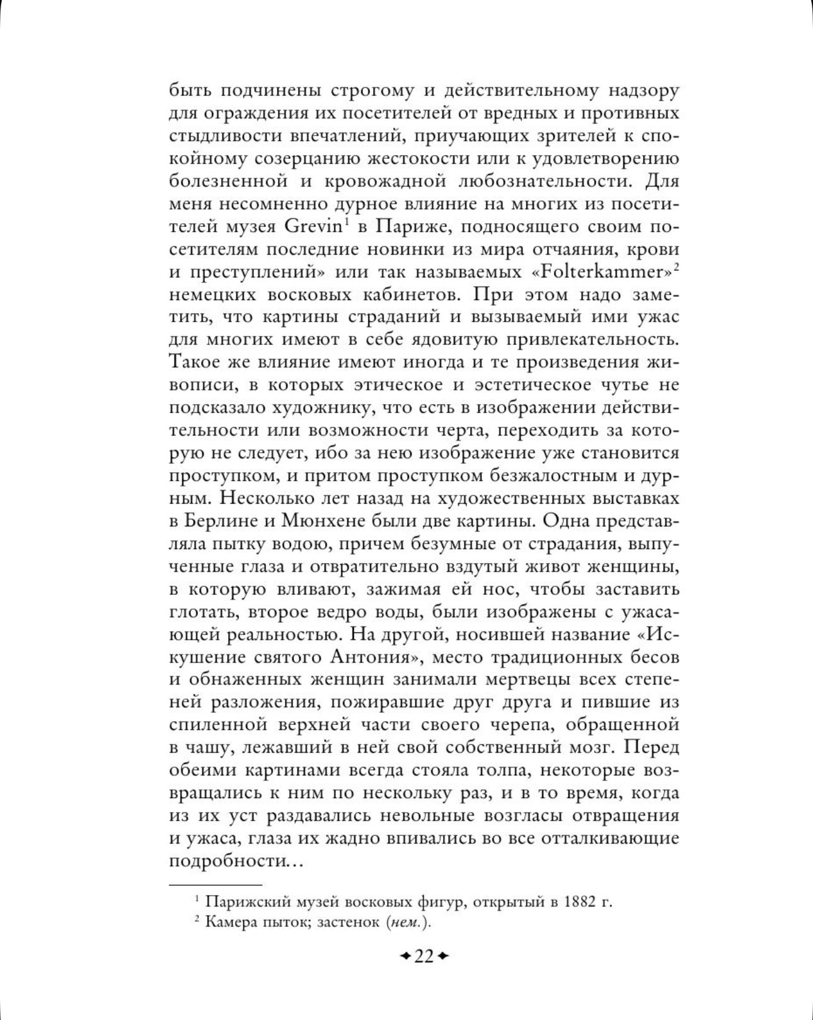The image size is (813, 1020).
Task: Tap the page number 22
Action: point(424,956)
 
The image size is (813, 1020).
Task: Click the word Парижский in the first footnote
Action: point(243,901)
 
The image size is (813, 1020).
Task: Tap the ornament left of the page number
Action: point(406,957)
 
